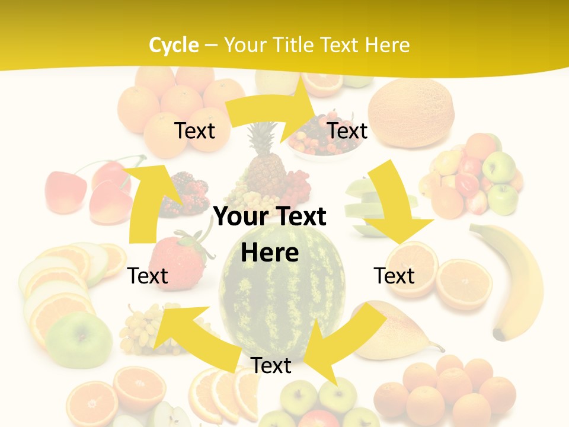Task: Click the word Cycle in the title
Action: point(174,45)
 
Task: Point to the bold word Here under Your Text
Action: point(270,253)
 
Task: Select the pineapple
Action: point(266,163)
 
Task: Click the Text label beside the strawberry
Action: point(148,276)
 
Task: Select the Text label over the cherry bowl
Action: point(347,130)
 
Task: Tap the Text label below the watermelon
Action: point(271,365)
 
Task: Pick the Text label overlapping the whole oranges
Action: point(194,130)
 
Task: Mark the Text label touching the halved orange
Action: point(394,276)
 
